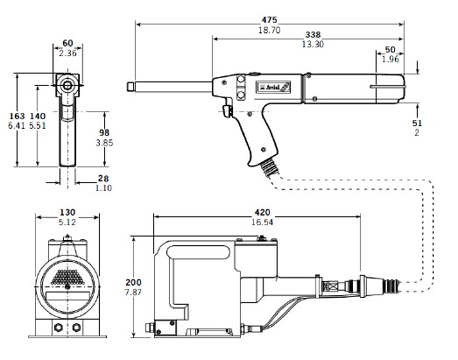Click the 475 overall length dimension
(269, 20)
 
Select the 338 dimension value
(313, 34)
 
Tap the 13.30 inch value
(313, 44)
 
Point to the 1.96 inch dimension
(391, 59)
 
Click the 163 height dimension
(18, 116)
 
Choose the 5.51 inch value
(38, 125)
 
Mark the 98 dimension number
(104, 132)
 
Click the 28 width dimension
(103, 178)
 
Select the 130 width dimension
(67, 212)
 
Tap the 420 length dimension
(263, 212)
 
